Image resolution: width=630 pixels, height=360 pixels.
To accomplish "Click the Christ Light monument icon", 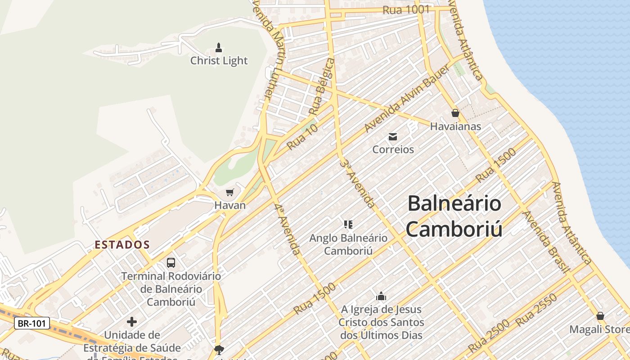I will (219, 47).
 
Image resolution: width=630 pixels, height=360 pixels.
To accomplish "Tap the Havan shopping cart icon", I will (230, 193).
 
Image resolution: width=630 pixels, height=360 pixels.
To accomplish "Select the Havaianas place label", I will (455, 126).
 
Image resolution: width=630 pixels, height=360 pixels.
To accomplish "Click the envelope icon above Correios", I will (393, 136).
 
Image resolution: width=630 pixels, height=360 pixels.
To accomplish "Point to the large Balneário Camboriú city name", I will (454, 216).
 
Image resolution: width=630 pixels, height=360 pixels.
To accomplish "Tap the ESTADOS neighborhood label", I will (122, 245).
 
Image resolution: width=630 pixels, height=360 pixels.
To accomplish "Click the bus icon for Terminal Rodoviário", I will (171, 262).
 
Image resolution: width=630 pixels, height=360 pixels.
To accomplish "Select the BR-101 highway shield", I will (31, 323).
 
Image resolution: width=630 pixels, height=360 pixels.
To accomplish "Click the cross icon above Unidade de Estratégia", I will (132, 322).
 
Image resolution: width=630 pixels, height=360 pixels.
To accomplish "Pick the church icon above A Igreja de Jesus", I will (381, 296).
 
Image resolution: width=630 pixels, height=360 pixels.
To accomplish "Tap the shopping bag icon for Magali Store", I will (600, 316).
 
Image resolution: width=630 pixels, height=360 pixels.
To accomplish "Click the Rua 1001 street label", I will (405, 9).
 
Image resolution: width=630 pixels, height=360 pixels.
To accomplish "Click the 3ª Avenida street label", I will (358, 183).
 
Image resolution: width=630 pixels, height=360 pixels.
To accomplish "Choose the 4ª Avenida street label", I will (288, 229).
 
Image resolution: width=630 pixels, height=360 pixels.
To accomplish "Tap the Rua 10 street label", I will (302, 137).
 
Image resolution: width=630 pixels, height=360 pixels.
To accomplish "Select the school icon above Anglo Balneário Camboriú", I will (348, 224).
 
